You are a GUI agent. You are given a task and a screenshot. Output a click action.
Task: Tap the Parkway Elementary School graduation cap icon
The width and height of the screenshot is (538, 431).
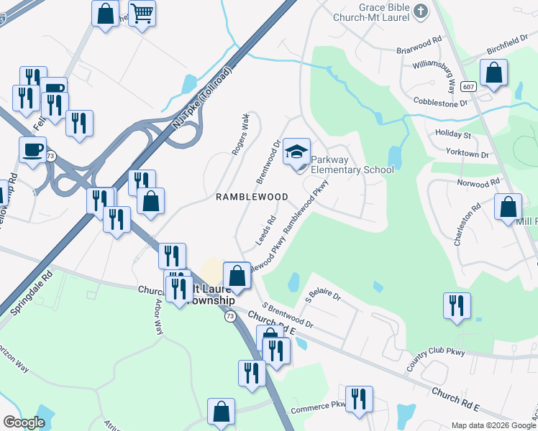coord(296,152)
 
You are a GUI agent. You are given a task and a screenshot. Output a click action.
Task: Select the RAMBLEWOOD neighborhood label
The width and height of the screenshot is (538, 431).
coord(252,197)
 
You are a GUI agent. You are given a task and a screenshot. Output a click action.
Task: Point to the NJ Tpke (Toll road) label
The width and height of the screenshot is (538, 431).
coord(202,100)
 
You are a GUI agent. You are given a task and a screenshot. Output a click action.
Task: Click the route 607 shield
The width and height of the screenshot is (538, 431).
coord(469,87)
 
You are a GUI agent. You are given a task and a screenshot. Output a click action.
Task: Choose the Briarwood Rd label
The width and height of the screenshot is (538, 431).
coord(419,47)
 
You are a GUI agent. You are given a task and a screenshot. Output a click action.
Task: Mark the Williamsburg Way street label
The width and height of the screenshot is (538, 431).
coord(434,77)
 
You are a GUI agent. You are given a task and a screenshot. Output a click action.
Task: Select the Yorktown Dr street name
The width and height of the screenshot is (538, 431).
coord(466,154)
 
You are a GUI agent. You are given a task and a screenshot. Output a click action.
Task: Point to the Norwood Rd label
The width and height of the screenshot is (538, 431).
coord(478,182)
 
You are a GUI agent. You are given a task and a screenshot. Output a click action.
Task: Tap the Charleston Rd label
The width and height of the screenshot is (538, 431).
coord(467,226)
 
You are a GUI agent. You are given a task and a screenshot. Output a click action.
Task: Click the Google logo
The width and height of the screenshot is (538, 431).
coord(24,422)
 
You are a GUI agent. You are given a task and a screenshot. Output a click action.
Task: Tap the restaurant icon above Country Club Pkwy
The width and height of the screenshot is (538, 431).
coord(457,307)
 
